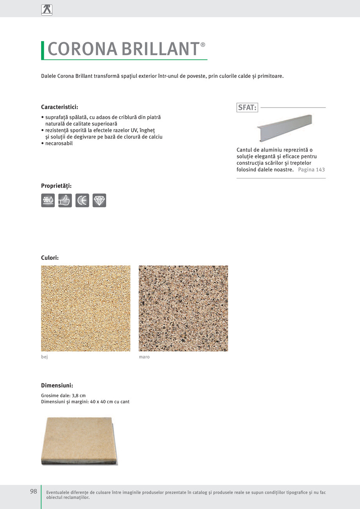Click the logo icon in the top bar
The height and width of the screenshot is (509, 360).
click(47, 10)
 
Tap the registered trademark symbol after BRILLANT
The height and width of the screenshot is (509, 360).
click(203, 45)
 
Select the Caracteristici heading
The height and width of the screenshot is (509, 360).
click(59, 107)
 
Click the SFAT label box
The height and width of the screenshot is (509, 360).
click(247, 108)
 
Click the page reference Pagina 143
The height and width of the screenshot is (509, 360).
click(311, 170)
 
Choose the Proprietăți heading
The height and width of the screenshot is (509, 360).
click(56, 186)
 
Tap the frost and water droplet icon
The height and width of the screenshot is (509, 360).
click(48, 200)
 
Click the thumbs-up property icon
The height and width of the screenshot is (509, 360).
click(65, 200)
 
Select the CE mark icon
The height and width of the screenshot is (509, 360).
click(82, 200)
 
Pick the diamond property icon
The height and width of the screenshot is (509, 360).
click(99, 200)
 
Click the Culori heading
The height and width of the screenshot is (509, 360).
click(50, 258)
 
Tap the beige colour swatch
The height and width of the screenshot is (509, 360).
click(86, 308)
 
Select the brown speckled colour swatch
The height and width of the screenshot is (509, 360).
click(183, 308)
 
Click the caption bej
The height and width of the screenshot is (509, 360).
click(44, 357)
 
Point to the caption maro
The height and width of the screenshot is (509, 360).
click(144, 357)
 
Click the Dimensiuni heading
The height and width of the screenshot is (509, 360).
click(57, 385)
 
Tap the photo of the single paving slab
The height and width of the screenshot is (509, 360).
click(80, 441)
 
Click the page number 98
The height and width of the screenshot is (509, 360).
click(34, 491)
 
